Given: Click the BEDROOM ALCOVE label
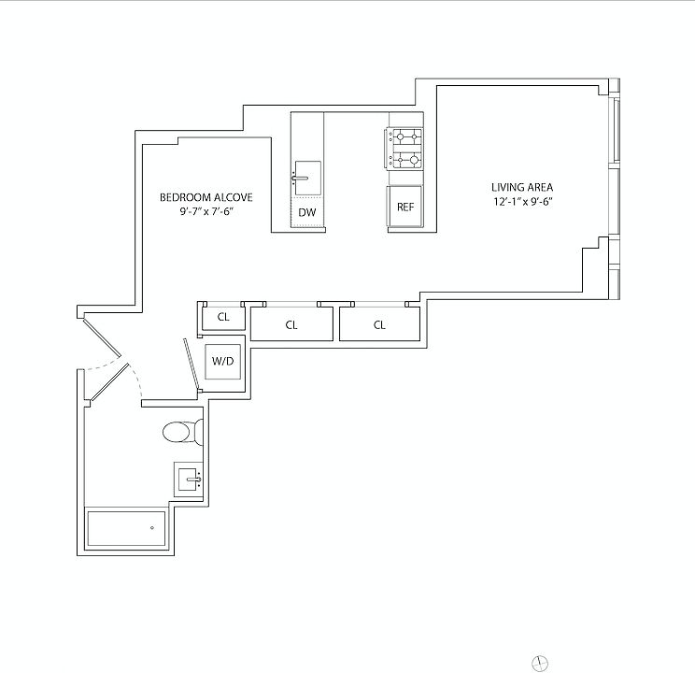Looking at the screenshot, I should pos(206,198).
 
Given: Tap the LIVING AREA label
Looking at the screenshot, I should pos(516,187).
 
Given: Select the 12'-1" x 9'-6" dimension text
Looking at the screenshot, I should pos(516,201).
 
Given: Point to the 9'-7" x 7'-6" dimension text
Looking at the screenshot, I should pos(206,212).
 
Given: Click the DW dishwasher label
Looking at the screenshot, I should pos(306,213).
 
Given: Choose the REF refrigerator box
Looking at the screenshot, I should pos(404,207).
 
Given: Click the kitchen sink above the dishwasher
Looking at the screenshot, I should pos(306,175).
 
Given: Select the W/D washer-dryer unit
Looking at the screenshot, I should pos(222,360).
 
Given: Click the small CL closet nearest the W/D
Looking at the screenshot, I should pos(223,317).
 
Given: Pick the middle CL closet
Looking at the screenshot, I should pos(291,325).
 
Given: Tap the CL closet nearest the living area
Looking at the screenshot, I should pos(379,325).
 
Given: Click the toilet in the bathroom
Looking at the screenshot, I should pos(178,432).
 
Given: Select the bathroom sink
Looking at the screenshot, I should pos(188,480).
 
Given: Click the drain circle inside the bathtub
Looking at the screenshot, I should pos(151,527).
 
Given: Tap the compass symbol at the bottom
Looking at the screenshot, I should pos(539,663).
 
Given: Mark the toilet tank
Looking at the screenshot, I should pos(198,432).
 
